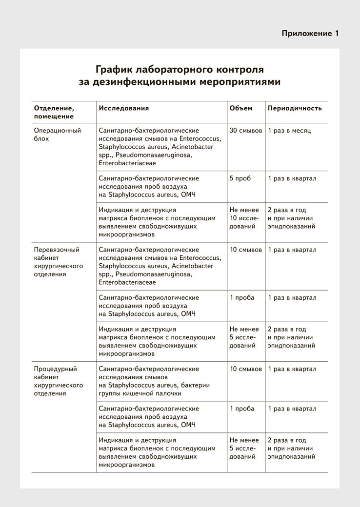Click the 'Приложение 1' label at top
[x=310, y=34]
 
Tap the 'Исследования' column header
[x=124, y=108]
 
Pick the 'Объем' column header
[x=241, y=108]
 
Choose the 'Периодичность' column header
[x=295, y=108]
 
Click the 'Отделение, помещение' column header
[x=54, y=112]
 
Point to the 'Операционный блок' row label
[x=57, y=135]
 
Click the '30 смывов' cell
[x=246, y=131]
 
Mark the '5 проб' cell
[x=240, y=178]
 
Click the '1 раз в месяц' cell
[x=289, y=131]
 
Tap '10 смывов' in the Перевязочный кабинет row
[x=246, y=250]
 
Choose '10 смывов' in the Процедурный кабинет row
[x=246, y=369]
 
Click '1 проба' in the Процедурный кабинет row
[x=242, y=409]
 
